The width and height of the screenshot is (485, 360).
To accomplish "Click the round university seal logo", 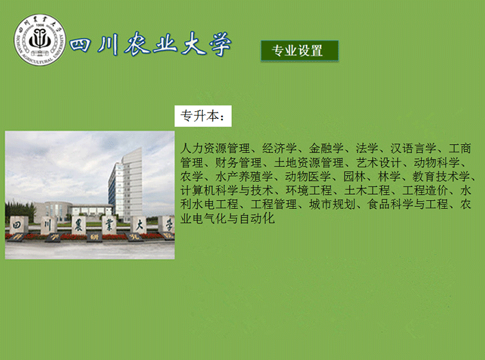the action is [x=40, y=40].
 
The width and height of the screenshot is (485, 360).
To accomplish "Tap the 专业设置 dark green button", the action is [x=299, y=51].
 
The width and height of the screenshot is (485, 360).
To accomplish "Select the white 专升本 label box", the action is [x=203, y=116].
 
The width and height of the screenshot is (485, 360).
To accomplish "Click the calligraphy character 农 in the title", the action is [x=137, y=44].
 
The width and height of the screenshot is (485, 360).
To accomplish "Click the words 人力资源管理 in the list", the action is [x=215, y=148].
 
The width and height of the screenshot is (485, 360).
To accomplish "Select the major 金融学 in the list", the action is [x=326, y=148].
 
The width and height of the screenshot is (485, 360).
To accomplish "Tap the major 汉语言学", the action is [x=413, y=148].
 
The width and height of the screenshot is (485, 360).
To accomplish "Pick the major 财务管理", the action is [x=238, y=163].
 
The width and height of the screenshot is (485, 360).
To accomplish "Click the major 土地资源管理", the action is [x=309, y=163].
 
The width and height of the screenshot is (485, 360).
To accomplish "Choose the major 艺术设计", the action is [x=378, y=163].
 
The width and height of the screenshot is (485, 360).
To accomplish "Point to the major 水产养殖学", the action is [x=244, y=176].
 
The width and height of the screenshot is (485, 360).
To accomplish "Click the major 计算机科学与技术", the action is [x=227, y=190].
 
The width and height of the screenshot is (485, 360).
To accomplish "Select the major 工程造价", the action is [x=425, y=190].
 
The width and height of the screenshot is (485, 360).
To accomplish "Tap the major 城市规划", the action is [x=332, y=204].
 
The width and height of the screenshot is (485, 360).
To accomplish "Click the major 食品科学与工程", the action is [x=407, y=204].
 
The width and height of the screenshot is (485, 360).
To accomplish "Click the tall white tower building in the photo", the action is [x=126, y=185].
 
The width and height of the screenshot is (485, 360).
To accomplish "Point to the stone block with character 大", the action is [x=138, y=225].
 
